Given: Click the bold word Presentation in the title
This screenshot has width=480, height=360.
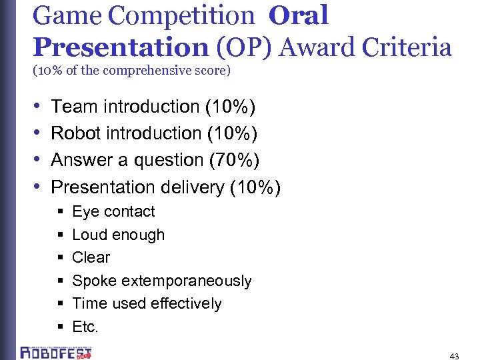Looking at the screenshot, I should click(x=121, y=47).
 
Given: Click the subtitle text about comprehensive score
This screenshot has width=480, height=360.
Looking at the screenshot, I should click(x=132, y=70).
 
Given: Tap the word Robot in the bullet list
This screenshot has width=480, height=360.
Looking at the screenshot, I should click(x=74, y=133).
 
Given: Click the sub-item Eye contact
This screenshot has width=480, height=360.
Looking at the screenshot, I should click(x=113, y=212).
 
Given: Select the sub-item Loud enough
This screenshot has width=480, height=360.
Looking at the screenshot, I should click(x=118, y=235).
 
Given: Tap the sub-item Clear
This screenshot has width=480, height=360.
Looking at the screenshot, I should click(x=91, y=257).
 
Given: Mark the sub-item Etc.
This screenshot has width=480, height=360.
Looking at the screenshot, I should click(x=85, y=327).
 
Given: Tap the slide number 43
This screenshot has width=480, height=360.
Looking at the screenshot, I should click(x=455, y=356).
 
